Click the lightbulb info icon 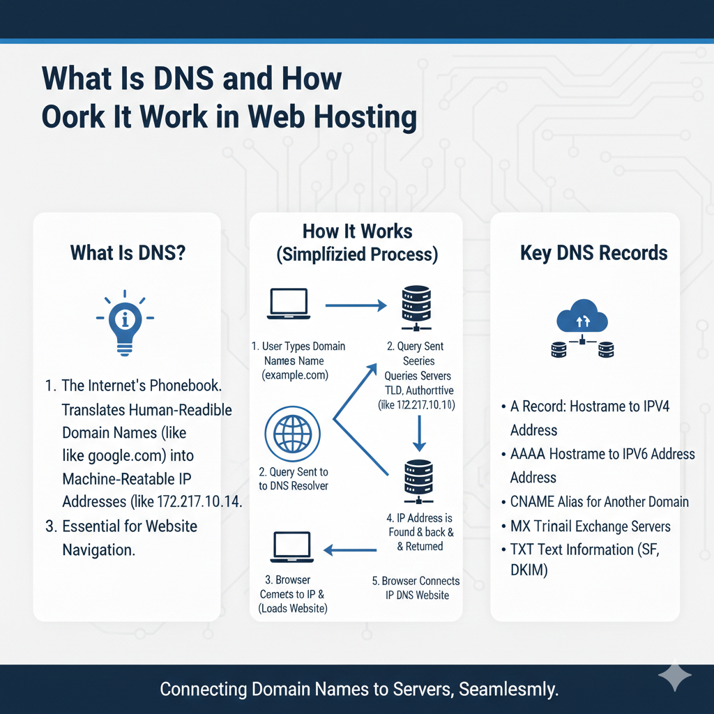coord(125,322)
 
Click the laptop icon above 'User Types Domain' coord(289,305)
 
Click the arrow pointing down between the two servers coord(418,432)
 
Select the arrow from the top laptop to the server coord(356,305)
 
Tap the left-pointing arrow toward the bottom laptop coord(352,549)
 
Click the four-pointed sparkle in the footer coord(674,677)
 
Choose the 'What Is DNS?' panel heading coord(128,252)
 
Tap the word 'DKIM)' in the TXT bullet coord(529,571)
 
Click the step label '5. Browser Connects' coord(416,581)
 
